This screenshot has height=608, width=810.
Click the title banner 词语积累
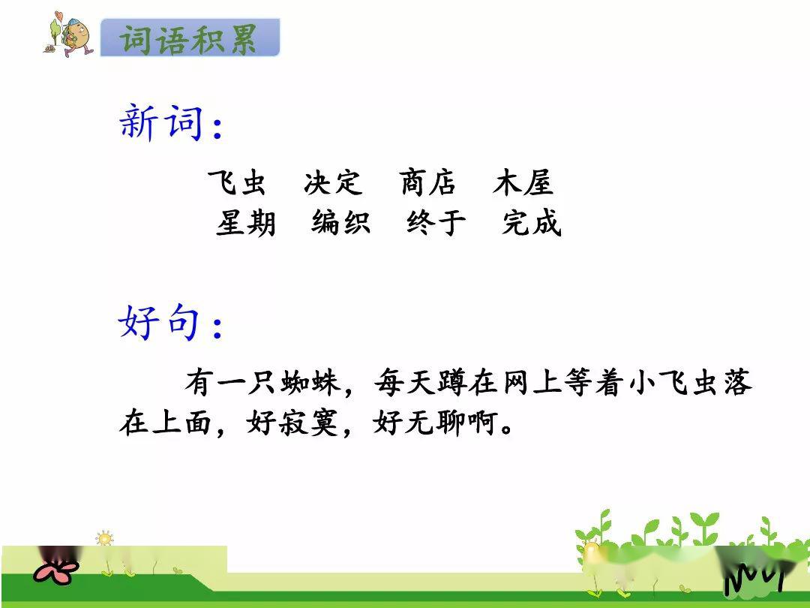point(190,38)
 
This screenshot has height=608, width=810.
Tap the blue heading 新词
point(161,122)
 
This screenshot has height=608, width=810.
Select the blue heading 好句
point(160,321)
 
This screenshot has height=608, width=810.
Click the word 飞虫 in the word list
point(237,182)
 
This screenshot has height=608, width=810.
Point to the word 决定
point(333,182)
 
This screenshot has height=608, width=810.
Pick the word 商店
point(427,182)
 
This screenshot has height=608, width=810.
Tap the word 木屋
point(523,182)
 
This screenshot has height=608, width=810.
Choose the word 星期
point(246,223)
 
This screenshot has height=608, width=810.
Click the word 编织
point(341,223)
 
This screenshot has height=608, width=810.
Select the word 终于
point(436,223)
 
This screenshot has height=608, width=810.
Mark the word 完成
point(532,223)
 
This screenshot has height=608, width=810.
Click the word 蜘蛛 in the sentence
point(310,383)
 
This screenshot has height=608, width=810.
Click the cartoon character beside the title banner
point(69,34)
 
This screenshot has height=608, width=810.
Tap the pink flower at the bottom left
point(55,570)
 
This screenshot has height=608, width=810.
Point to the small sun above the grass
point(104,539)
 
